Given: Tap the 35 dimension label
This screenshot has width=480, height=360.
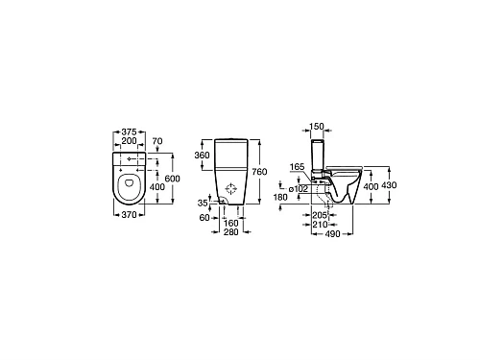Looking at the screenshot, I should pyautogui.click(x=203, y=204).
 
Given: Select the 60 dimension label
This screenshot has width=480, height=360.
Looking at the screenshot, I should pyautogui.click(x=204, y=218).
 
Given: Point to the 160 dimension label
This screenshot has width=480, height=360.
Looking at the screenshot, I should pyautogui.click(x=231, y=224).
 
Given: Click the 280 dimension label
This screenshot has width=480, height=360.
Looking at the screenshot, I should pyautogui.click(x=231, y=232).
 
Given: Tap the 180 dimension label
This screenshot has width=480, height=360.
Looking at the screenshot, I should pyautogui.click(x=280, y=197).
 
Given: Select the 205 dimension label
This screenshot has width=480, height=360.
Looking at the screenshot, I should pyautogui.click(x=322, y=216).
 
